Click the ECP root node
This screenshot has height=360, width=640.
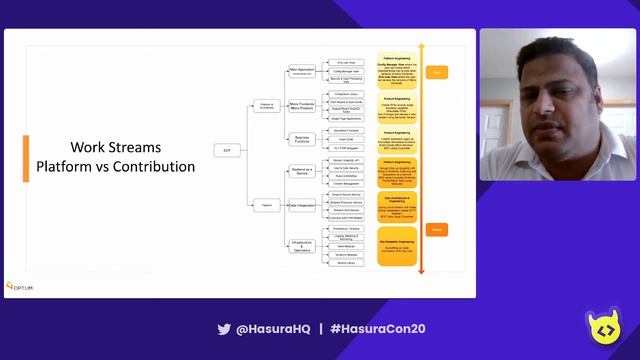[227, 150]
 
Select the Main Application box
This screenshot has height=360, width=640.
[302, 71]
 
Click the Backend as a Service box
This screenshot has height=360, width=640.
[302, 172]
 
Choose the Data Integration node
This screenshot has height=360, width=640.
[302, 205]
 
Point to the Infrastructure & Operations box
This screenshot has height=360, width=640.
[302, 246]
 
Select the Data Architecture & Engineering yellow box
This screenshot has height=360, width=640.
[396, 205]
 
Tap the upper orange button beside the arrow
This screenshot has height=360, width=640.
[437, 72]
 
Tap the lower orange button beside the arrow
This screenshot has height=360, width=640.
[437, 230]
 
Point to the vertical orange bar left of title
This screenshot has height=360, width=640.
[26, 156]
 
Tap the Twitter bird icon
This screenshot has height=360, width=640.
[224, 328]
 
